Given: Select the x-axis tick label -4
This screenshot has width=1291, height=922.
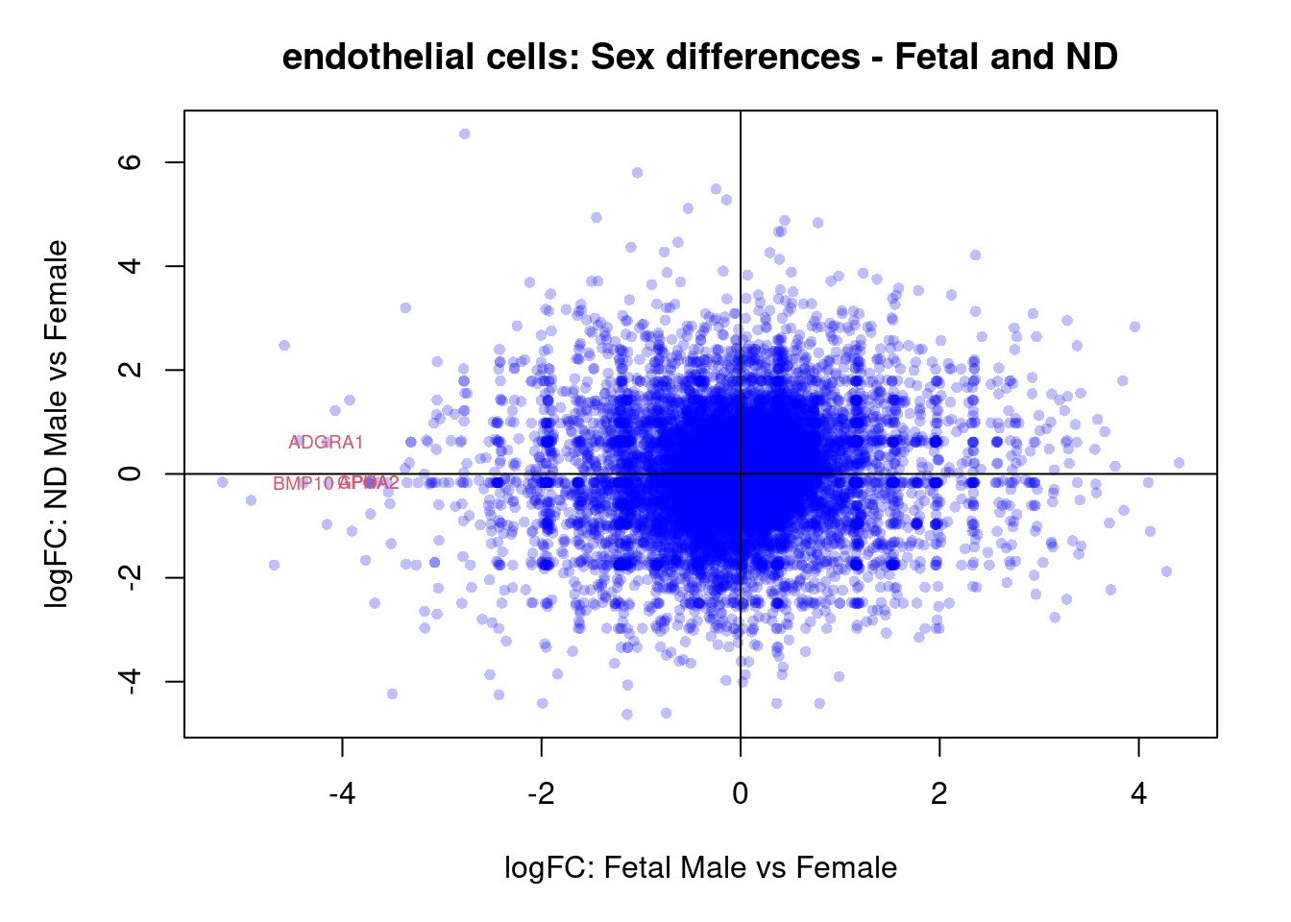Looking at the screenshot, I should [x=342, y=793].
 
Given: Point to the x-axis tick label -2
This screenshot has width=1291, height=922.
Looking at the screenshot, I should [x=541, y=793].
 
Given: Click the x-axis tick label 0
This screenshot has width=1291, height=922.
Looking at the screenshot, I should [x=740, y=793].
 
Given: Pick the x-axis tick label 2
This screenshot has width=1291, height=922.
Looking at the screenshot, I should [x=939, y=793].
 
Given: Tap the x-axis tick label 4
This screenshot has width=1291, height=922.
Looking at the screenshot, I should [x=1138, y=793].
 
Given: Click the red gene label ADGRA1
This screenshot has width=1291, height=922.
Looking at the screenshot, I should [x=326, y=443].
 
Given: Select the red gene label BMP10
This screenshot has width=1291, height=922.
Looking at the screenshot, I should [x=302, y=484].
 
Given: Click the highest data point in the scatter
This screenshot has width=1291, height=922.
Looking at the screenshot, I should [x=464, y=134].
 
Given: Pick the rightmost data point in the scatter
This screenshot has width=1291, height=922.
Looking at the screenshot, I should [x=1179, y=463].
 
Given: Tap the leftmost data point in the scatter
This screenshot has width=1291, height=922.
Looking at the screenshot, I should [x=223, y=482].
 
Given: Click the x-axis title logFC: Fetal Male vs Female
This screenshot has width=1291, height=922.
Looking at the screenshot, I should [x=700, y=868].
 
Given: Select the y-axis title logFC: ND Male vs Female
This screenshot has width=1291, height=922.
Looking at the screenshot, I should [x=58, y=424].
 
